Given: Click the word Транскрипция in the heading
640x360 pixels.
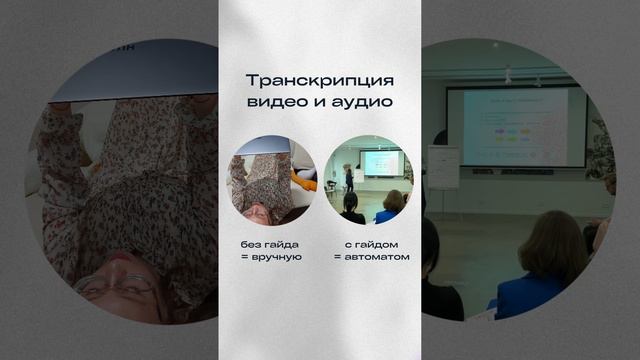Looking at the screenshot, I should click(320, 80).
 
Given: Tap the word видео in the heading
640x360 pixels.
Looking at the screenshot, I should click(275, 102).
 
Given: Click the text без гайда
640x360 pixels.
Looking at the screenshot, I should click(270, 245).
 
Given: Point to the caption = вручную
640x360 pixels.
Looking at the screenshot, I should click(270, 258).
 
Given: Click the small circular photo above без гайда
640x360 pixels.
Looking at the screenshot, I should click(271, 180).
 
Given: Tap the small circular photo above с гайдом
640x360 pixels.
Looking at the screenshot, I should click(369, 180).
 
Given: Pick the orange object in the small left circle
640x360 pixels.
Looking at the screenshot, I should click(309, 184).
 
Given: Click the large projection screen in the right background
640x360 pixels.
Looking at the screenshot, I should click(516, 126).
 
